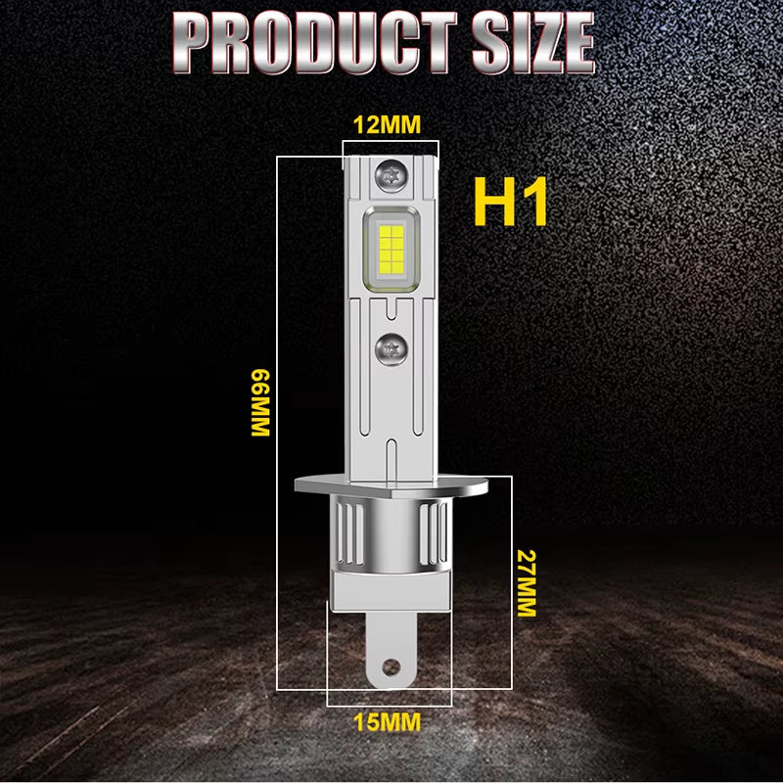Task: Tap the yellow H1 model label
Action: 510,202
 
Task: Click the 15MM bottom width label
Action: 388,722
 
